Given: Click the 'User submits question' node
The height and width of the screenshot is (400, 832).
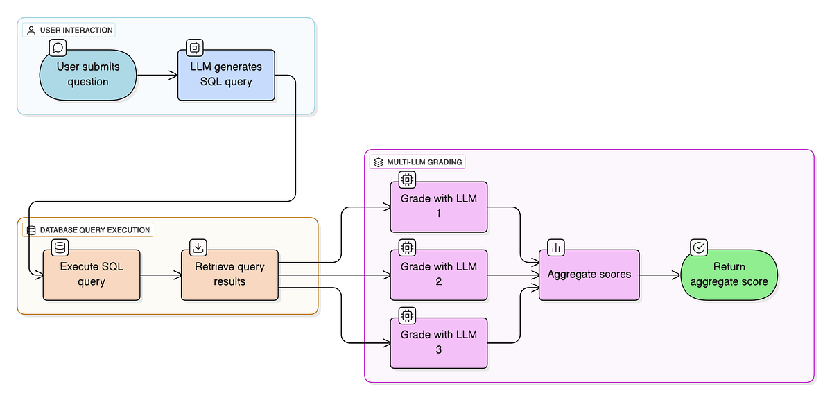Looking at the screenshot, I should click(88, 75).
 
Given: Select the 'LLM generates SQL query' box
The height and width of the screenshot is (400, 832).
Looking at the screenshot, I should click(226, 75).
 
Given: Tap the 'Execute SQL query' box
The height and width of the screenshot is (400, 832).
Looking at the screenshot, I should click(92, 275).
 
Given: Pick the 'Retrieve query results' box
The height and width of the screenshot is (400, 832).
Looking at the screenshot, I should click(229, 275).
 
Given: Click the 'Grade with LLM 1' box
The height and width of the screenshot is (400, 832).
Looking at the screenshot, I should click(439, 207).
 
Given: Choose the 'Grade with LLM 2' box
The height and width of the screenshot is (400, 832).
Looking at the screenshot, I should click(439, 275).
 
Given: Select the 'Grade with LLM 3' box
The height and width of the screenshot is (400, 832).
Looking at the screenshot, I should click(439, 342).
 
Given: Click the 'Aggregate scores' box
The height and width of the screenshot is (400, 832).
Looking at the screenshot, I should click(589, 275).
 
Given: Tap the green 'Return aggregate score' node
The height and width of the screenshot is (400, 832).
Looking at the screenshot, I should click(729, 275).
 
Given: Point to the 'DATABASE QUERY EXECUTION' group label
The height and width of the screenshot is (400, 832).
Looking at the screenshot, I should click(88, 230).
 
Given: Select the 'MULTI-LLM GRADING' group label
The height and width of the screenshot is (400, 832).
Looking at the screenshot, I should click(418, 162).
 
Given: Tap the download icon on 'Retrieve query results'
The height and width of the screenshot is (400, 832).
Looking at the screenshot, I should click(198, 247).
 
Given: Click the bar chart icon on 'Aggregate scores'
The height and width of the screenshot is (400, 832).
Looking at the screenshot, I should click(556, 247).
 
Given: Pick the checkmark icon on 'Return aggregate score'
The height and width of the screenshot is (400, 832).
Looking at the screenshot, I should click(699, 247).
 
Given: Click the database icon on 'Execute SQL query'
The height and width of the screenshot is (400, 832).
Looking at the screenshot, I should click(60, 247).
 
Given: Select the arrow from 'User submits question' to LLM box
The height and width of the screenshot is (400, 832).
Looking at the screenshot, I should click(157, 75).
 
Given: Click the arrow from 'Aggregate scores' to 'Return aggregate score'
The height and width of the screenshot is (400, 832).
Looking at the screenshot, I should click(659, 275).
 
